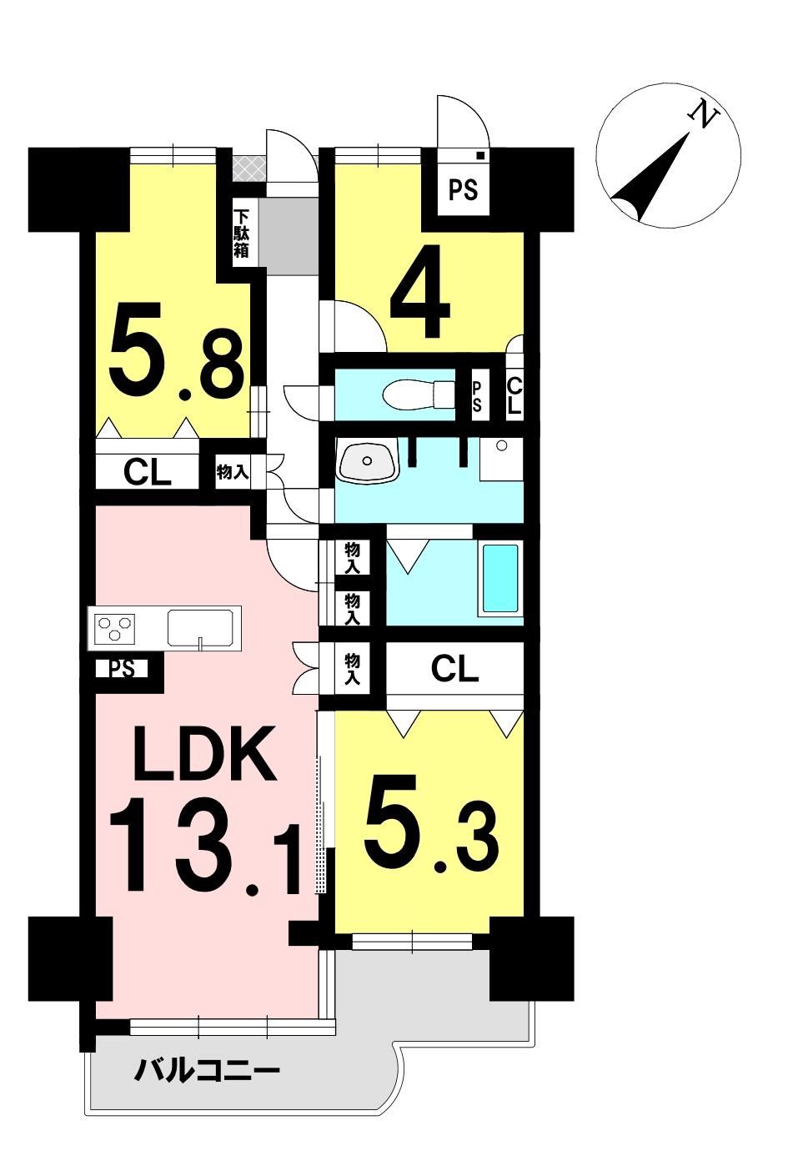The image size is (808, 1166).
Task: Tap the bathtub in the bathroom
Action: [500, 578]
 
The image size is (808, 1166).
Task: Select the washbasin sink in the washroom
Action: [368, 460]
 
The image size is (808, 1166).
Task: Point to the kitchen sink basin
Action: [200, 626]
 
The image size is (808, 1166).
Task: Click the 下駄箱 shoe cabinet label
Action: [241, 234]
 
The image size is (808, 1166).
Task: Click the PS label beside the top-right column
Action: [463, 189]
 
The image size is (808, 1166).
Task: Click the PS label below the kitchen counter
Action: [121, 669]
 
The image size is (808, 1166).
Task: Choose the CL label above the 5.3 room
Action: [454, 671]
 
